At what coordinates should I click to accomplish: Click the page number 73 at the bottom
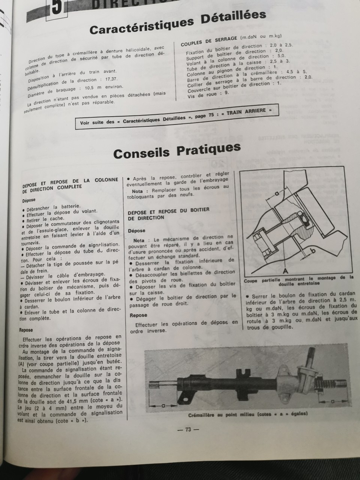(188, 429)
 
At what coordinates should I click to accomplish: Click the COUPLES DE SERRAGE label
(208, 41)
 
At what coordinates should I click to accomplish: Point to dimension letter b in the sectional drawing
(313, 249)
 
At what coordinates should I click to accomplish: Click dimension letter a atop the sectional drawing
(276, 193)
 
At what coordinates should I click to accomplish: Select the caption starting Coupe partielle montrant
(298, 280)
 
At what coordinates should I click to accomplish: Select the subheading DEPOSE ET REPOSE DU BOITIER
(168, 213)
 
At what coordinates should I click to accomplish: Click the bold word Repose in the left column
(26, 330)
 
